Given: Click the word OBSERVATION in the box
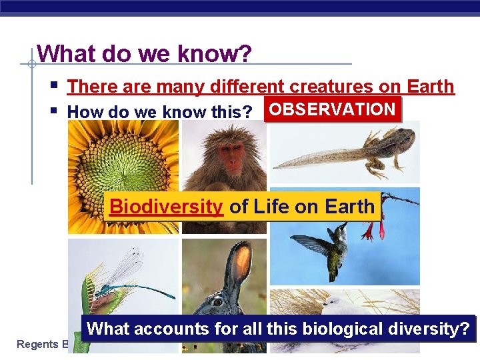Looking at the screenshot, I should point(333,109).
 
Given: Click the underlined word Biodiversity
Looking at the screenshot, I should point(166,207).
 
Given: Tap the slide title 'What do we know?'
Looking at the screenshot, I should point(145,53).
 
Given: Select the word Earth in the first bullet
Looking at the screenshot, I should point(430,87).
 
